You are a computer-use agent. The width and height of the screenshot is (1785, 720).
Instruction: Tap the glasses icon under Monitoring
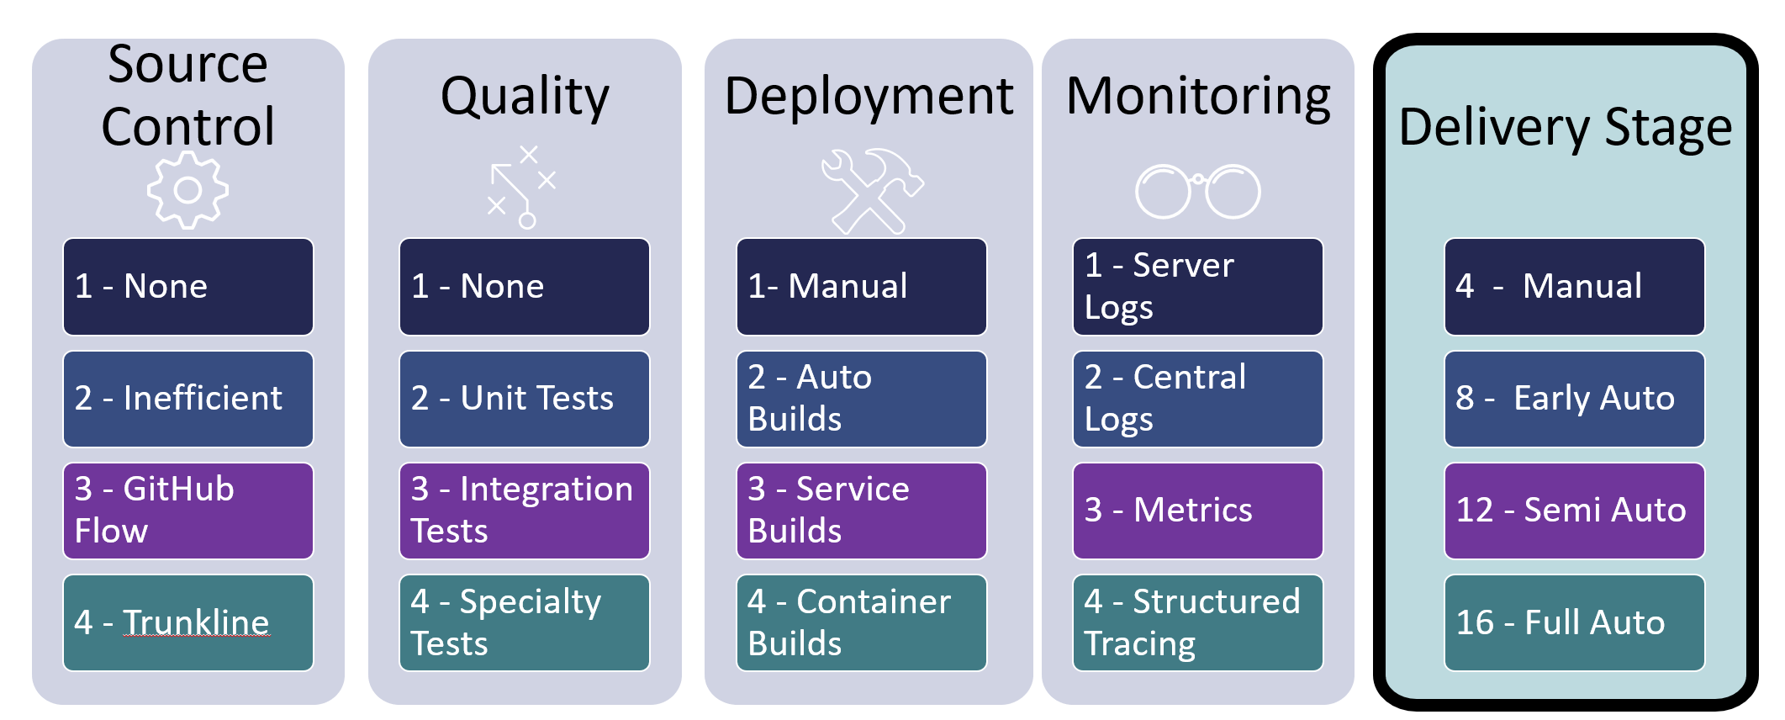[x=1163, y=192]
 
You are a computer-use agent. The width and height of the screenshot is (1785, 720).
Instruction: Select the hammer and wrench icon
[x=872, y=191]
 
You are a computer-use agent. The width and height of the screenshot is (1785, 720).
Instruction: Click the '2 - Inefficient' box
[x=188, y=399]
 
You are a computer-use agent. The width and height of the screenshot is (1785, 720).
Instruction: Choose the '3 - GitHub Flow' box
[x=188, y=511]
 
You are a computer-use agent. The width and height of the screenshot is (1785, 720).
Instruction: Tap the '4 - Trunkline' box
[x=188, y=623]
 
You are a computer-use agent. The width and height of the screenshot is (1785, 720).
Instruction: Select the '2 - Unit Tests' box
[x=525, y=399]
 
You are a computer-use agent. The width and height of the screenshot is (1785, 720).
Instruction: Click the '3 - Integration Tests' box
[x=525, y=511]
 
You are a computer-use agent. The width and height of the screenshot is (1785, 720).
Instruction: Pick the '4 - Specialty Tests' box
[x=525, y=623]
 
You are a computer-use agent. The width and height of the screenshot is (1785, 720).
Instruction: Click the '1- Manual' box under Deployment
[x=862, y=287]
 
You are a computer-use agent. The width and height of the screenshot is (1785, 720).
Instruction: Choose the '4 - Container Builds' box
[x=862, y=623]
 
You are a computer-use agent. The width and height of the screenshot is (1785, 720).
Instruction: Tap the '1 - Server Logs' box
[x=1198, y=287]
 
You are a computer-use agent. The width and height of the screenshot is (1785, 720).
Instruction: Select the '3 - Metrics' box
[x=1198, y=511]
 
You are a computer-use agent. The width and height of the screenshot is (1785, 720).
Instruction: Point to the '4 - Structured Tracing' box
[x=1198, y=623]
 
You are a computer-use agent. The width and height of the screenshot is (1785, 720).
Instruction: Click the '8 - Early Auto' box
[x=1575, y=399]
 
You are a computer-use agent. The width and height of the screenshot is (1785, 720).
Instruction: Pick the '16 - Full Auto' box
[x=1575, y=623]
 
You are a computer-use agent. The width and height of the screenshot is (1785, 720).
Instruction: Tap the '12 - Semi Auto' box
[x=1575, y=511]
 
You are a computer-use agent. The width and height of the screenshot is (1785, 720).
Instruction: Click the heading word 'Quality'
[x=525, y=98]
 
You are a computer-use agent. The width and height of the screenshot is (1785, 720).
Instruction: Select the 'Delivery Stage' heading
[x=1566, y=129]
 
